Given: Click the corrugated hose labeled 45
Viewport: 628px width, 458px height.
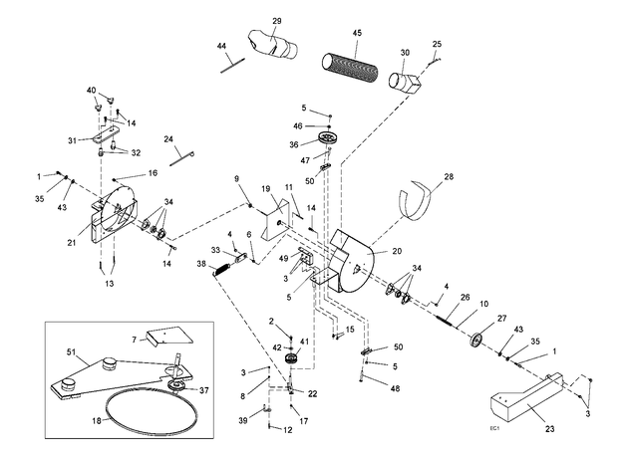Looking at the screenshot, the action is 350,66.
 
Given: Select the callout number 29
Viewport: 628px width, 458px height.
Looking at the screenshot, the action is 277,21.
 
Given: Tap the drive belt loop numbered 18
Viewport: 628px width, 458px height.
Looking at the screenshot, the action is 152,413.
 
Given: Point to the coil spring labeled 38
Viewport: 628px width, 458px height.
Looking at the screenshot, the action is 221,269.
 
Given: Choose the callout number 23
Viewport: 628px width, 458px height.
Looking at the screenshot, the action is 550,429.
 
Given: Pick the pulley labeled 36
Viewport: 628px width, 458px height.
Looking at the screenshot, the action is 329,138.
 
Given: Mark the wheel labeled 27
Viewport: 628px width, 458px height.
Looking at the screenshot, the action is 476,340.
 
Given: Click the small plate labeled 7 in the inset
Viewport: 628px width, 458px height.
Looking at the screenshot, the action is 168,336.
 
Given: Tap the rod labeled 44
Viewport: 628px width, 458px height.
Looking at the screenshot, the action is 233,66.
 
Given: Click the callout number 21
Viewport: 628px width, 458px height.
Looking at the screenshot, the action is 72,242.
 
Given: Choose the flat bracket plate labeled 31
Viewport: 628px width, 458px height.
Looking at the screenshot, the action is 106,133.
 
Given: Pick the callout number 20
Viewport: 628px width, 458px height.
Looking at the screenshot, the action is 397,251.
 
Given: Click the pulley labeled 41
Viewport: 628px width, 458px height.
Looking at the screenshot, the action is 291,358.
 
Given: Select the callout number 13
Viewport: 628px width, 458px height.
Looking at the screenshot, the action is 110,284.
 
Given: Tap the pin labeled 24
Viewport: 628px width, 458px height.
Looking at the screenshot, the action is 181,157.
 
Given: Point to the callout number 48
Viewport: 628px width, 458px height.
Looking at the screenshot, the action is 395,388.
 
